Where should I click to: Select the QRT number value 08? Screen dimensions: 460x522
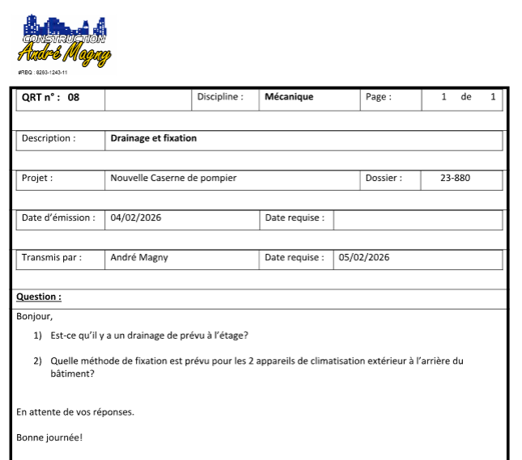(74, 97)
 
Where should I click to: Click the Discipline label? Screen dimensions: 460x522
(220, 97)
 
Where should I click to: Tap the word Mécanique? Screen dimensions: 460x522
(289, 97)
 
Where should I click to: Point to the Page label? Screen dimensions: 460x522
(378, 97)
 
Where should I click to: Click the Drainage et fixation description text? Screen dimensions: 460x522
(154, 138)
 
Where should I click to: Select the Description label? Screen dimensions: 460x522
(49, 138)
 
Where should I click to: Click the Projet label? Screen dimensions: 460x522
(37, 178)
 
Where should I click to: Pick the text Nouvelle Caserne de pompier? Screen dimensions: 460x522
(173, 178)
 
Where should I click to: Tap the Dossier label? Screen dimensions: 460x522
(383, 178)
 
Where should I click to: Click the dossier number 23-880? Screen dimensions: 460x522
(455, 178)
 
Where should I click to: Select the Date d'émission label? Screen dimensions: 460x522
(57, 217)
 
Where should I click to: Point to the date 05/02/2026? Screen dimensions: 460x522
(364, 258)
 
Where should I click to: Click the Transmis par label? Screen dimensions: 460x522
(51, 258)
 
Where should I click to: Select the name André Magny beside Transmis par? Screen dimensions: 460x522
(139, 258)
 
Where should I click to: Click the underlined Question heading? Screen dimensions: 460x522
(39, 297)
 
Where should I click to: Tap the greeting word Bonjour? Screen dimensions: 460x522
(34, 316)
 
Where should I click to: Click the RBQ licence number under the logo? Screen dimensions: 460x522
(42, 72)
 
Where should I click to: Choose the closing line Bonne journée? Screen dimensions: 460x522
(49, 438)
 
